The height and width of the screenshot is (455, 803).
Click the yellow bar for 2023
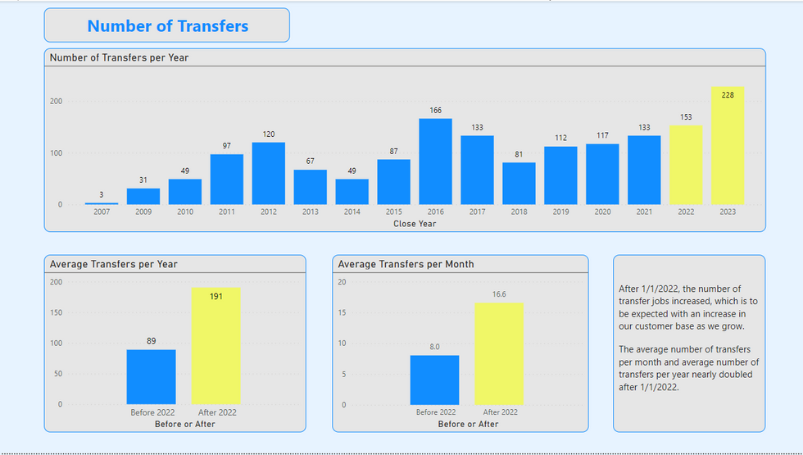pos(727,146)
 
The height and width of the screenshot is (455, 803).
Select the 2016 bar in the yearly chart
pos(435,162)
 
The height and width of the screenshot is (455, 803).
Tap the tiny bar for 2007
pos(102,202)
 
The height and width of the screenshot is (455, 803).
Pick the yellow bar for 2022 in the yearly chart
pos(686,165)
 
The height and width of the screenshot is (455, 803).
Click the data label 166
pos(435,110)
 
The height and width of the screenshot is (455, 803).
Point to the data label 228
pos(727,95)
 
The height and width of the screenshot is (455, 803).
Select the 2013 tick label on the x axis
pos(310,212)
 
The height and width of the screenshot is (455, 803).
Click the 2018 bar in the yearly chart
pos(519,184)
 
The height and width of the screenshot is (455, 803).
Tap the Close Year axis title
pos(415,223)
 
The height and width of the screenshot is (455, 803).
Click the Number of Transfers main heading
pos(167,25)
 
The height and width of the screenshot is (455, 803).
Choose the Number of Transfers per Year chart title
pos(120,57)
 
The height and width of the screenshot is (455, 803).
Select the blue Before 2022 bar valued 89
pos(151,376)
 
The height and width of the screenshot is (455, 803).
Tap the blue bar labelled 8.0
pos(434,380)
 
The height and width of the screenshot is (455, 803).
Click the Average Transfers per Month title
pos(406,264)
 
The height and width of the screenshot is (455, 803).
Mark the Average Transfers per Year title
pos(113,264)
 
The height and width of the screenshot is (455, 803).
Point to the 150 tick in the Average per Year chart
pos(56,312)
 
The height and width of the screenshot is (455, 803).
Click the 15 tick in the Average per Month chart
pos(343,312)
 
